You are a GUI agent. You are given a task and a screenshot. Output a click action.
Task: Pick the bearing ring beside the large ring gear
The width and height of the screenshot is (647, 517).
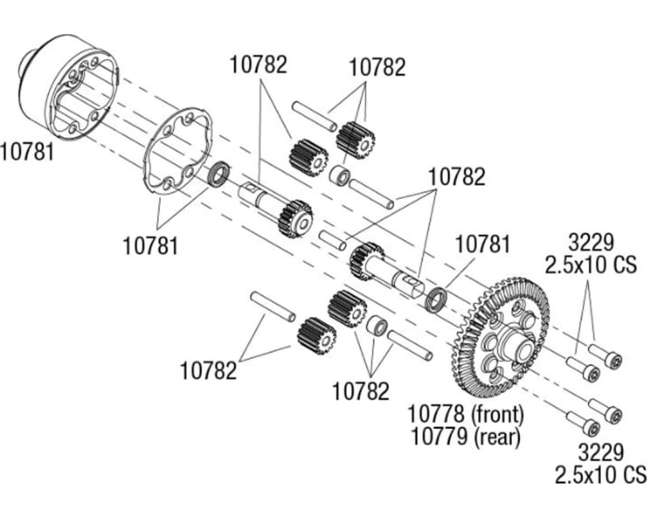click(438, 298)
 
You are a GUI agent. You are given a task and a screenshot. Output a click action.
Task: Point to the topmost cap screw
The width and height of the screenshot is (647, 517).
click(607, 356)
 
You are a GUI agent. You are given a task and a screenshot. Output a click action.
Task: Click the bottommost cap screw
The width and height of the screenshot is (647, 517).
click(583, 423)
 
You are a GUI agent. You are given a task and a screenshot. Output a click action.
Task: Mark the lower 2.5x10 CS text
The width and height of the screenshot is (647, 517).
click(600, 473)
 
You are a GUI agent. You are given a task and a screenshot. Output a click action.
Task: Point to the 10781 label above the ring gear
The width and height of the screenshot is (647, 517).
click(483, 243)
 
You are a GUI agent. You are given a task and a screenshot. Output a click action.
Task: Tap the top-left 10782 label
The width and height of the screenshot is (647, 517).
click(258, 65)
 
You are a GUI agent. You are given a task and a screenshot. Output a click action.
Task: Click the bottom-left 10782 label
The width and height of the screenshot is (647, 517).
click(209, 371)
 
